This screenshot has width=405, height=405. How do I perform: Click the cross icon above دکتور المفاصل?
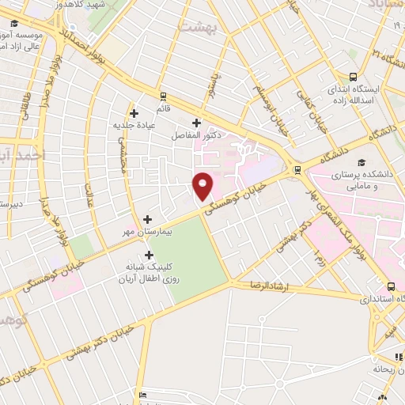click(x=197, y=123)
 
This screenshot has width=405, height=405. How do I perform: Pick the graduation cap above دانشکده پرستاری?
click(x=349, y=161)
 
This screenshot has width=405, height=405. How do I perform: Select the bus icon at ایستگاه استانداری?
click(x=391, y=288)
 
